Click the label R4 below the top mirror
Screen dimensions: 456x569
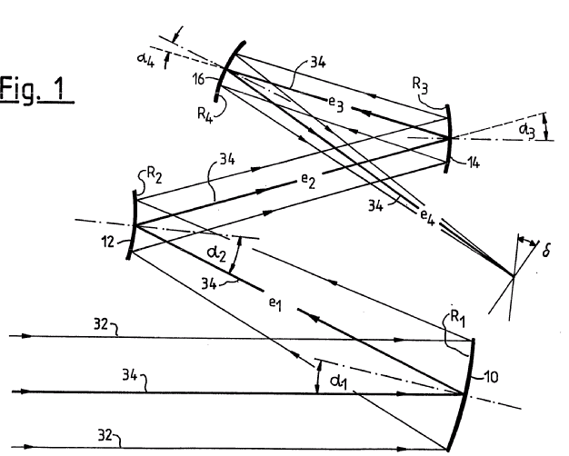pos(205,115)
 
